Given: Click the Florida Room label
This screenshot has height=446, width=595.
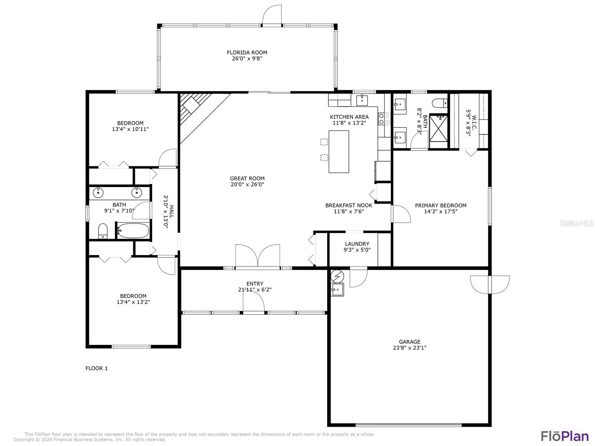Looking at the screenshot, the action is tap(247, 52).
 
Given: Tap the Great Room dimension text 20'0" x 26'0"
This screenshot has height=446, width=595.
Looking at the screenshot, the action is tap(247, 184).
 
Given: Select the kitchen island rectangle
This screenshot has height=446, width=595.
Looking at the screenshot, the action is tap(338, 152).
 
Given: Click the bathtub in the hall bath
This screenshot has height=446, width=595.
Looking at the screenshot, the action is tap(133, 230).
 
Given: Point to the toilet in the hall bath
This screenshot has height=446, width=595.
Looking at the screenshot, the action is tap(103, 231).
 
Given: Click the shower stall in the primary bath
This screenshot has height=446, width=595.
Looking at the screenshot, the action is tap(438, 131).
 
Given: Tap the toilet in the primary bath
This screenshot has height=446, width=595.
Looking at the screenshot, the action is tap(440, 103).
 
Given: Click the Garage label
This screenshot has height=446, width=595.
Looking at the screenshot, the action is tap(409, 342).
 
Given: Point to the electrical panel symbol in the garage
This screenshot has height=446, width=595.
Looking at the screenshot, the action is tap(337, 277).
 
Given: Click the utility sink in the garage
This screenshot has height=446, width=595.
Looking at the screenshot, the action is tap(337, 290).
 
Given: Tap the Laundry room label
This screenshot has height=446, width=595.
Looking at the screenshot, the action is tap(357, 244).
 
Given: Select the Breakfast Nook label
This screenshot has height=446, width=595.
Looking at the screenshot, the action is tap(348, 206).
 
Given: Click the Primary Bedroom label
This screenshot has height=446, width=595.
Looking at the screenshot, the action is tap(441, 206).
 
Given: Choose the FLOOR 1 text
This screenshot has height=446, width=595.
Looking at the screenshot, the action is tap(96, 368).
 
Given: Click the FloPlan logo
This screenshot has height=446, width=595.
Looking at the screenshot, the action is tap(565, 436).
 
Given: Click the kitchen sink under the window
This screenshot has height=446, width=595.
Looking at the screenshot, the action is tap(362, 100).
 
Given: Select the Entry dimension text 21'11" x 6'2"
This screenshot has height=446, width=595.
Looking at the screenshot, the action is tap(255, 290).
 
